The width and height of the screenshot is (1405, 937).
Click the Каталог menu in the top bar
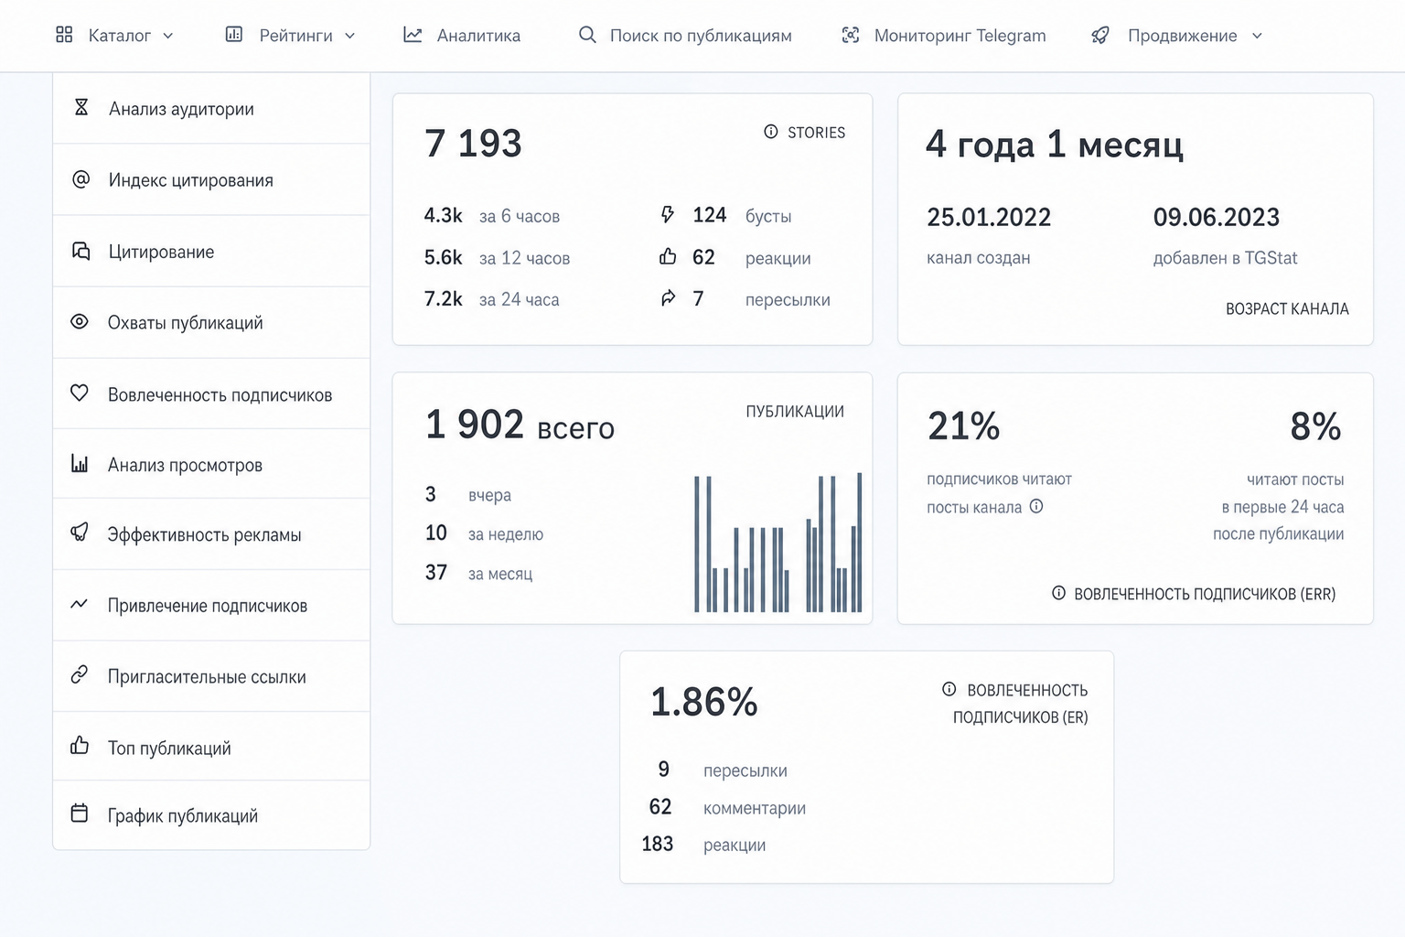point(114,35)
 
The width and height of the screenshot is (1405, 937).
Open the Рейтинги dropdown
point(290,35)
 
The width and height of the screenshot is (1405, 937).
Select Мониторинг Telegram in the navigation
point(943,35)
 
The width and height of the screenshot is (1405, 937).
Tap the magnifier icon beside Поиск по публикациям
point(587,35)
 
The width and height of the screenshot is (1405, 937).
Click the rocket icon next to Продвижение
point(1100,35)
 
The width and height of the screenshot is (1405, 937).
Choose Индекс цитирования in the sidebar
point(190,180)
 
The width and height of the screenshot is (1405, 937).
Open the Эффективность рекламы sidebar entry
point(205,534)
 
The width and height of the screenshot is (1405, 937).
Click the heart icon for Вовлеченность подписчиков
point(79,393)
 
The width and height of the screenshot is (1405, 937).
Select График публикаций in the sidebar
point(183,816)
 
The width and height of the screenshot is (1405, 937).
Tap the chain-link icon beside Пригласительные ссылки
point(79,674)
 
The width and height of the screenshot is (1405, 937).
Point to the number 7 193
point(473,143)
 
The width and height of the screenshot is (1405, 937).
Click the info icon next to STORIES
point(770,131)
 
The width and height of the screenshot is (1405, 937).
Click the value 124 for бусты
point(710,215)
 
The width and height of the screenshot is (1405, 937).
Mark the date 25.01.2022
point(989,217)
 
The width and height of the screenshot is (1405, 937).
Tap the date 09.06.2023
point(1216,217)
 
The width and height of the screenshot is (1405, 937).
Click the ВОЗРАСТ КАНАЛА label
point(1287,308)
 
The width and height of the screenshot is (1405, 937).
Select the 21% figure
point(963,426)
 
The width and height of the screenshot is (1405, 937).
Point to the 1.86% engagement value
point(703,702)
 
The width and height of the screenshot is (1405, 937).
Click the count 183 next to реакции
point(658,844)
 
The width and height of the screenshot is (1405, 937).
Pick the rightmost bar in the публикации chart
point(859,543)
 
